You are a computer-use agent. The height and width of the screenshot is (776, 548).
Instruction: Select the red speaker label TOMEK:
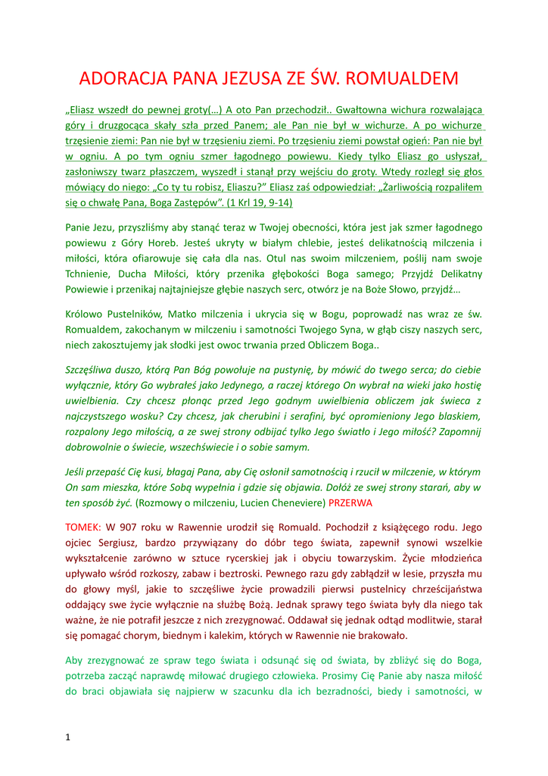tap(83, 526)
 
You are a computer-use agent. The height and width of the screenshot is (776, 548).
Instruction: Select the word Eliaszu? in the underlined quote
tap(263, 187)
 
